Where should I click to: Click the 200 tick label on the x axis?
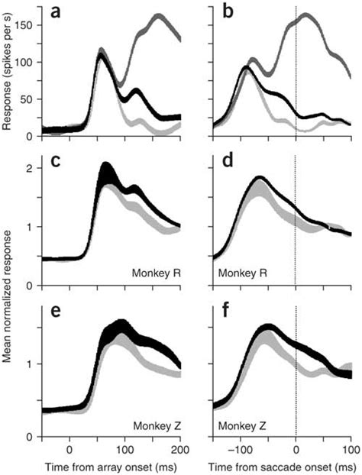180,449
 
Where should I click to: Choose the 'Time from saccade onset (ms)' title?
283,465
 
